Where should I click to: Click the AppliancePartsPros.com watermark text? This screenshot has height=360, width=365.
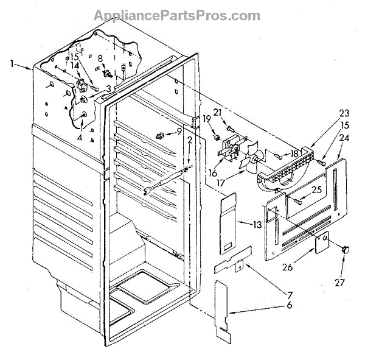[182, 15]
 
